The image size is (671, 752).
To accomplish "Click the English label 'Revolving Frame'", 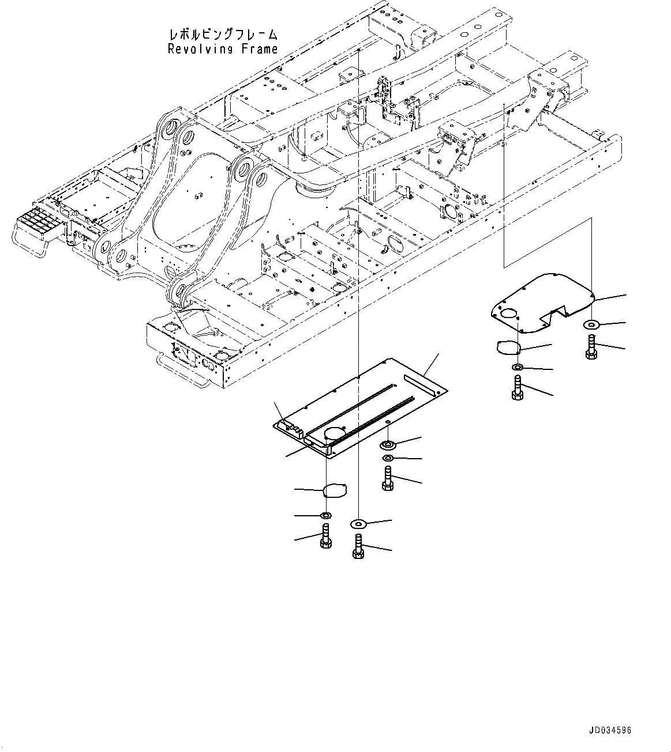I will click(223, 50).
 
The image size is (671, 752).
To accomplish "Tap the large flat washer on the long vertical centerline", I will click(358, 523).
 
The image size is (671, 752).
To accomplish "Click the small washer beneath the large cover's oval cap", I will click(325, 515).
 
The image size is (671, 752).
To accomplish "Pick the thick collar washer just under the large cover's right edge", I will click(388, 445).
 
